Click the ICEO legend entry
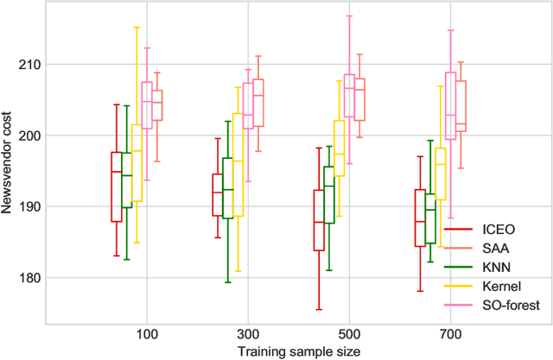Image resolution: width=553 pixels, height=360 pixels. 493,231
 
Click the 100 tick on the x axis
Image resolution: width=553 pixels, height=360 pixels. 146,332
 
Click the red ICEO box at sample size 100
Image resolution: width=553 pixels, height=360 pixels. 117,186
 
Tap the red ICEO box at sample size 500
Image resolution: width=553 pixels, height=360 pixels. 318,220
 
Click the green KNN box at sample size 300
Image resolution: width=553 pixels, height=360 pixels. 228,188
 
